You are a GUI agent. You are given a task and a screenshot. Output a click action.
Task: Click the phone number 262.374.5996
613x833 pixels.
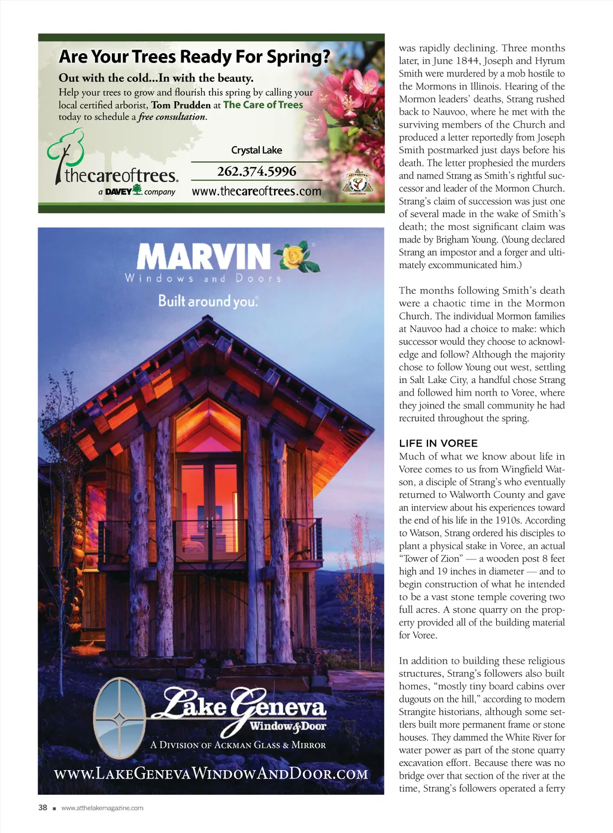click(x=256, y=172)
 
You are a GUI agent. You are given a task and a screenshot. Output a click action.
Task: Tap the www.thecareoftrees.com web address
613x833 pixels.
click(x=256, y=191)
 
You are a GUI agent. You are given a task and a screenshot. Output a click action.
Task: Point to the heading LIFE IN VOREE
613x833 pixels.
click(x=438, y=443)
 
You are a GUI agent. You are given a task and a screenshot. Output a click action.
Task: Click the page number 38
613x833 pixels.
click(x=43, y=807)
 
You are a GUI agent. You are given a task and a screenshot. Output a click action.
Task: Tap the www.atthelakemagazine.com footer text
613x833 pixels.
click(x=102, y=808)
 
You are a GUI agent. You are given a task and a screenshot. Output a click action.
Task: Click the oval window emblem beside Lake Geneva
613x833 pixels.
click(x=120, y=718)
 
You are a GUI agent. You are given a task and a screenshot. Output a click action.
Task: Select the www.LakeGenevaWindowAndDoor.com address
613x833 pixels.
click(x=211, y=774)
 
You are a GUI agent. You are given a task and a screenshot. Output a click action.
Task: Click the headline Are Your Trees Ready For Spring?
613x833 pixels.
click(x=194, y=57)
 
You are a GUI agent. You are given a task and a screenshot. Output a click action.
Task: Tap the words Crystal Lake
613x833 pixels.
click(x=256, y=150)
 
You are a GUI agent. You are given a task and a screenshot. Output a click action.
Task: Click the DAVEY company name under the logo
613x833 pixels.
click(x=119, y=191)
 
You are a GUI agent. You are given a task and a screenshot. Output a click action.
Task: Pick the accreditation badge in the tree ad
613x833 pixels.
click(x=357, y=183)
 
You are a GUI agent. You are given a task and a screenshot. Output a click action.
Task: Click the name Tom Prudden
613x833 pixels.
click(x=181, y=105)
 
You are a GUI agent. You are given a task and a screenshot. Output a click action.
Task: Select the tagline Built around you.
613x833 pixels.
click(x=208, y=301)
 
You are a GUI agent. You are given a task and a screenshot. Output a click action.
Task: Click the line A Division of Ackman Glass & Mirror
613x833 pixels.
click(x=238, y=745)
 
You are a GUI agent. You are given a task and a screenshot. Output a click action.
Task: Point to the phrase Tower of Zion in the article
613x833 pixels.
click(x=431, y=559)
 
